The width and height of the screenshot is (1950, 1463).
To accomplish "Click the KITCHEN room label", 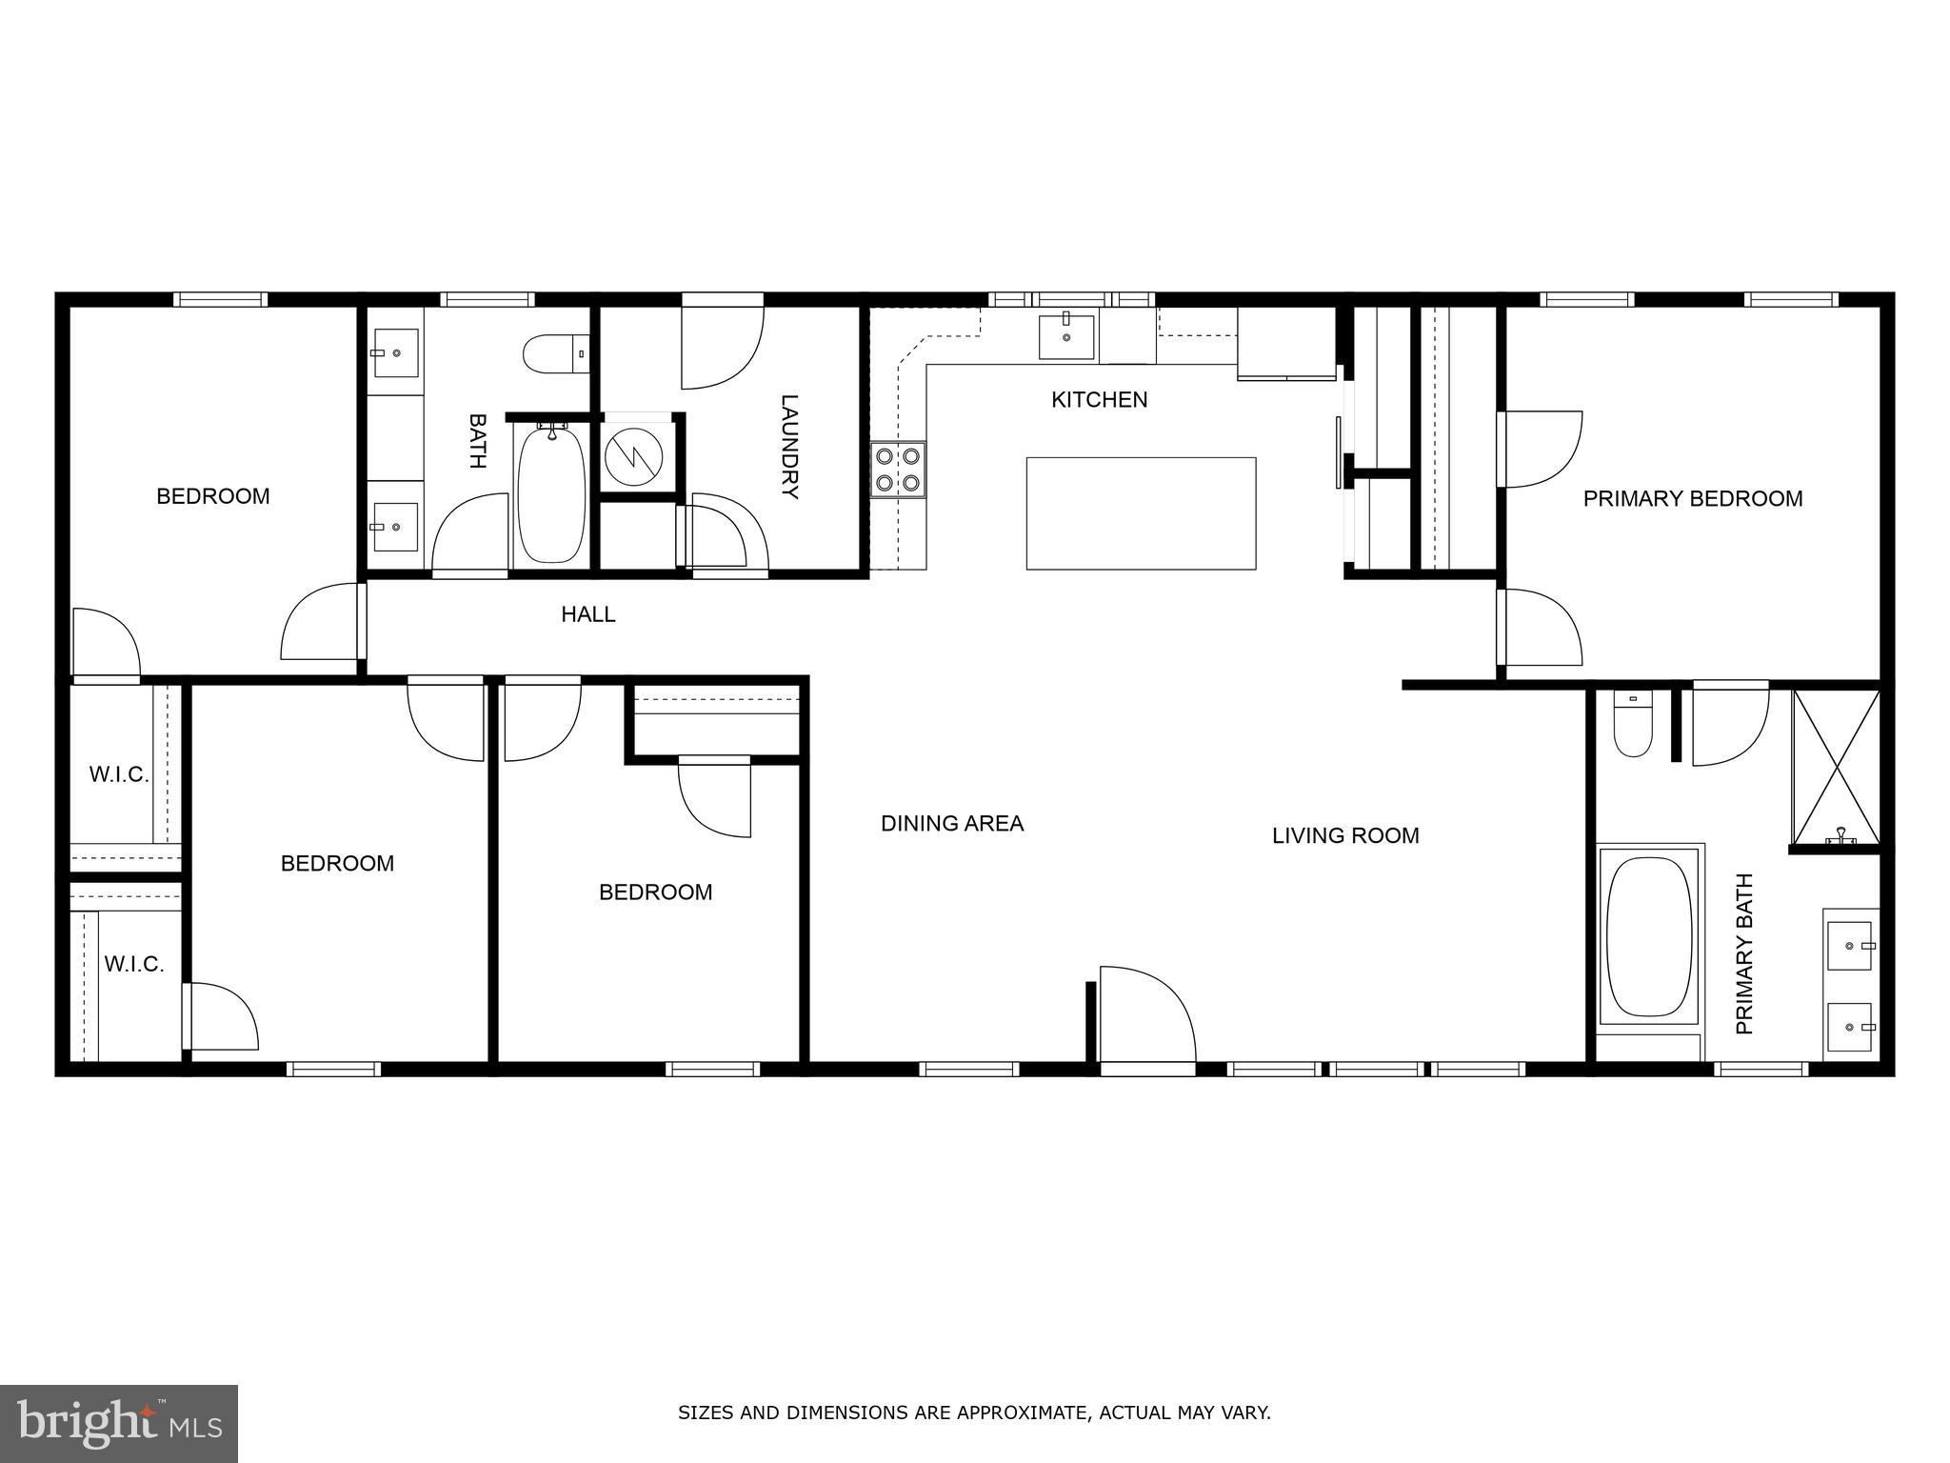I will (x=1099, y=400).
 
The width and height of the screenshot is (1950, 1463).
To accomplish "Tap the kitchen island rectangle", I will (x=1140, y=513).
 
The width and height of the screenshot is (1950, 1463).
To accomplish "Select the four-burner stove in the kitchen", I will (x=898, y=470).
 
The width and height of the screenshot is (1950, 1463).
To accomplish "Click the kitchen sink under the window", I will (x=1065, y=336).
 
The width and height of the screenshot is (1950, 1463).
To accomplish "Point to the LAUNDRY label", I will (x=789, y=447).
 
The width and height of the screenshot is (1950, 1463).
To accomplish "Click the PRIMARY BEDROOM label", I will (x=1692, y=499).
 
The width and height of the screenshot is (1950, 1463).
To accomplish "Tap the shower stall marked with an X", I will (x=1836, y=768).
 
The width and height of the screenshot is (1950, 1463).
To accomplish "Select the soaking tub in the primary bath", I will (x=1648, y=937).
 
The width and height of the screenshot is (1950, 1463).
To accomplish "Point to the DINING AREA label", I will (x=951, y=824).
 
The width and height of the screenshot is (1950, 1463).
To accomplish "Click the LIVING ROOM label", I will (x=1344, y=836).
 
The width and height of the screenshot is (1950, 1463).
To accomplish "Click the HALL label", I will (x=587, y=615).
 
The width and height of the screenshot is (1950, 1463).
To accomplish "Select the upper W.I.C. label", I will (x=118, y=775).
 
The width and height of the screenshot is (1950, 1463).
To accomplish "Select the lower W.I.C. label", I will (x=133, y=965).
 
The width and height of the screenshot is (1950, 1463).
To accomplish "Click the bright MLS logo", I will (x=118, y=1423).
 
